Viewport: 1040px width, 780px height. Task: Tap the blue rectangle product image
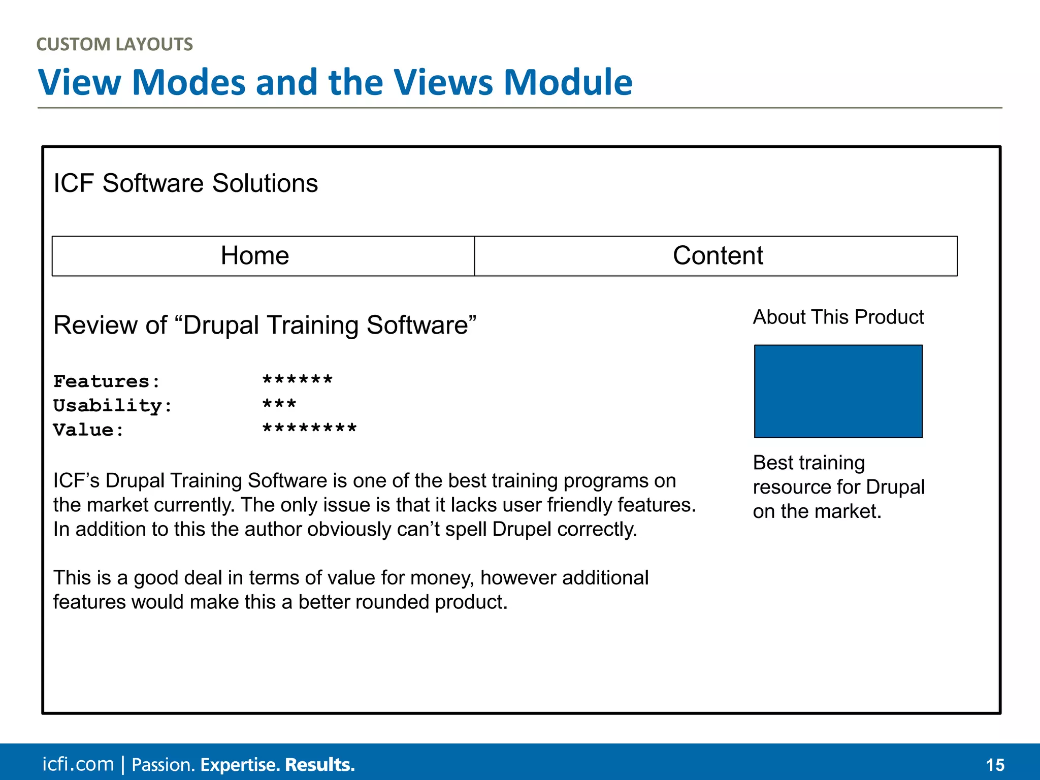838,391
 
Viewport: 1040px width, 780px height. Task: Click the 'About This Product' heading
838,317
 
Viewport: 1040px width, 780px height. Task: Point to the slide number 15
995,765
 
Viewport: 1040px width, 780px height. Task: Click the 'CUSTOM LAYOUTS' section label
114,44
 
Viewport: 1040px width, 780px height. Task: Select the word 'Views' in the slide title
443,82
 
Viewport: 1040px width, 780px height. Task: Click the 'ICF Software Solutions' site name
185,183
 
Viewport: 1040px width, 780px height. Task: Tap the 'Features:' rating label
107,381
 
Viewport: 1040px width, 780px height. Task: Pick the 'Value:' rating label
88,430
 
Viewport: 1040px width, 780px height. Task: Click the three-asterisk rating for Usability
279,405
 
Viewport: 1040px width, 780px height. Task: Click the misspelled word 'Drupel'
522,530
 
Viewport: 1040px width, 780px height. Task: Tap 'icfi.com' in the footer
78,764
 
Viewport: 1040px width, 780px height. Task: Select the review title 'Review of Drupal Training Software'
265,326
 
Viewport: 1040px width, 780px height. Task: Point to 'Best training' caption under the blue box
808,463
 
